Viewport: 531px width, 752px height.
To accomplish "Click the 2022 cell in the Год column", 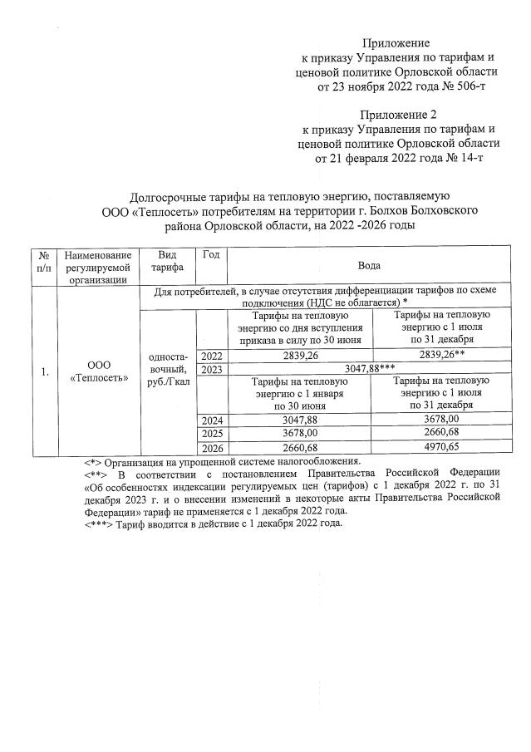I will (x=212, y=355).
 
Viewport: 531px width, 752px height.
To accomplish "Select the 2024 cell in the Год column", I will (x=212, y=420).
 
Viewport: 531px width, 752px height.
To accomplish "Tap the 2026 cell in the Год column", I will (x=212, y=448).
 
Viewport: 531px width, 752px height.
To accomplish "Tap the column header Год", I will (x=211, y=254).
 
